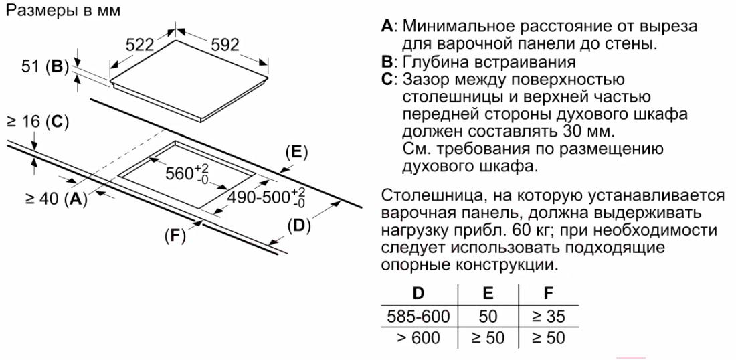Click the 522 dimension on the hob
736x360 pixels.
pos(141,45)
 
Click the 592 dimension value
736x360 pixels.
pos(225,45)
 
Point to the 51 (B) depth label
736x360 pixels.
pos(42,67)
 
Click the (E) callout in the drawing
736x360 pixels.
pos(296,153)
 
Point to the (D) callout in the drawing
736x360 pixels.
pos(299,226)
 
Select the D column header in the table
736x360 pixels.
pos(418,293)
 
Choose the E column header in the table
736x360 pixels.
pos(488,293)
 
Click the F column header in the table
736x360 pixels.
pos(548,293)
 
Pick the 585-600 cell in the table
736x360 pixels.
pos(418,316)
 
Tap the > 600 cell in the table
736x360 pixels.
pos(418,338)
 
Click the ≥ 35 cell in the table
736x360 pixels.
pos(548,316)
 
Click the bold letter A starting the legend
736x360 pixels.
pos(387,26)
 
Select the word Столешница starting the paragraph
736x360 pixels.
pos(426,195)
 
